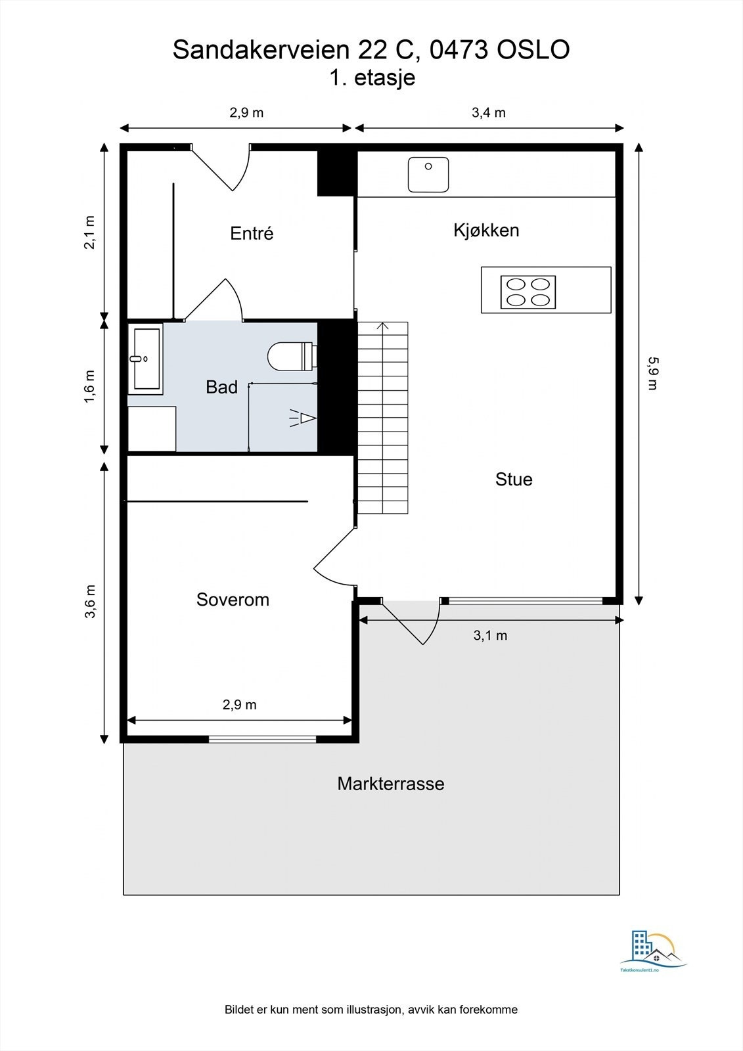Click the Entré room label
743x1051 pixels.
252,233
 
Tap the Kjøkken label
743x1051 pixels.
486,231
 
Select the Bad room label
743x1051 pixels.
221,387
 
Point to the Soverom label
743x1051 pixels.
233,600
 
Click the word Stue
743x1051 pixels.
514,480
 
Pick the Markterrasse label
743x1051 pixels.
390,784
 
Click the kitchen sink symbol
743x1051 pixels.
428,175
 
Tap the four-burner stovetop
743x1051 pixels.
528,292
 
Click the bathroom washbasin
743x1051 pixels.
145,359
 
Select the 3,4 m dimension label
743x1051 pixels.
489,112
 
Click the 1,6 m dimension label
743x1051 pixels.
89,386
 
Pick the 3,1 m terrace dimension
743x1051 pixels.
490,636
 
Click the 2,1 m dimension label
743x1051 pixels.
89,233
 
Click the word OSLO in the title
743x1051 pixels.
533,50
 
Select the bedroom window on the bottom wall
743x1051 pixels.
262,739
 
